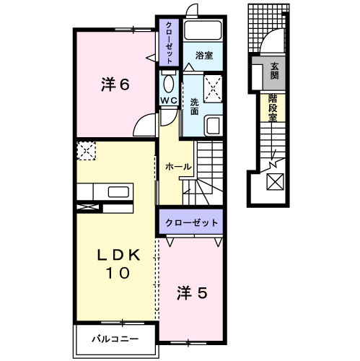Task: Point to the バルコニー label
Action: tap(115, 337)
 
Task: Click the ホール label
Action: tap(177, 167)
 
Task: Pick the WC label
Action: tap(169, 99)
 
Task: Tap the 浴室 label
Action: tap(203, 53)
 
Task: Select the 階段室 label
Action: tap(274, 108)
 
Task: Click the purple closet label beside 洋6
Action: tap(169, 44)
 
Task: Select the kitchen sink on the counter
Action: tap(118, 191)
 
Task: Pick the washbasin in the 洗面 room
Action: tap(214, 126)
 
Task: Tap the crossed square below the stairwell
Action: tap(275, 182)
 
